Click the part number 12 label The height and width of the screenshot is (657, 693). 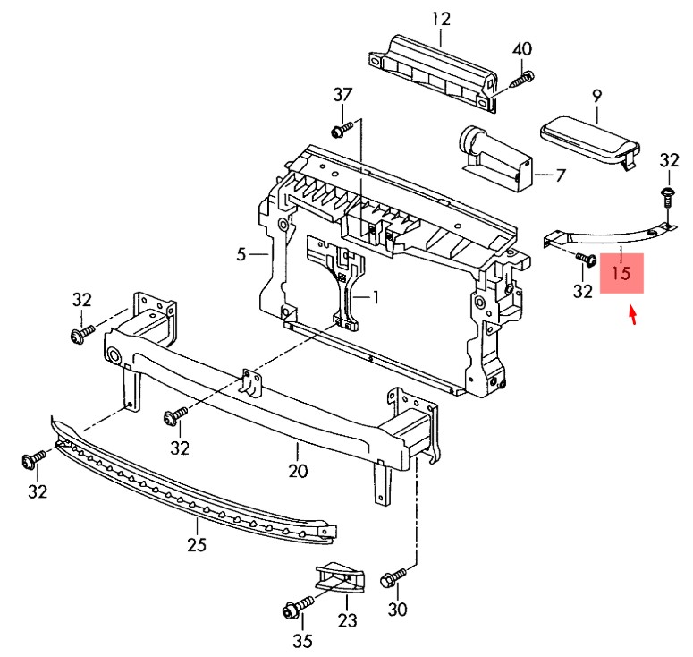(x=441, y=18)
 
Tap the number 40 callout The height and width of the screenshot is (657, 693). (x=522, y=48)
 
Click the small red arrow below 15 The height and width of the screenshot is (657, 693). (x=634, y=316)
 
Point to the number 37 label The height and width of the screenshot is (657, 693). (x=343, y=95)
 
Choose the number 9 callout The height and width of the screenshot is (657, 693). (x=597, y=95)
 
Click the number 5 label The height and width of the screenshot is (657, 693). (x=241, y=255)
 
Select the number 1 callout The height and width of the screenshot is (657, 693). (x=376, y=296)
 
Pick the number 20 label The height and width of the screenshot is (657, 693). (x=298, y=470)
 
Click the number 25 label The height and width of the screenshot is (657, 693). (x=197, y=543)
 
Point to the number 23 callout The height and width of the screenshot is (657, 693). (x=347, y=619)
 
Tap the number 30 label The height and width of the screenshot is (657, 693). (x=398, y=610)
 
